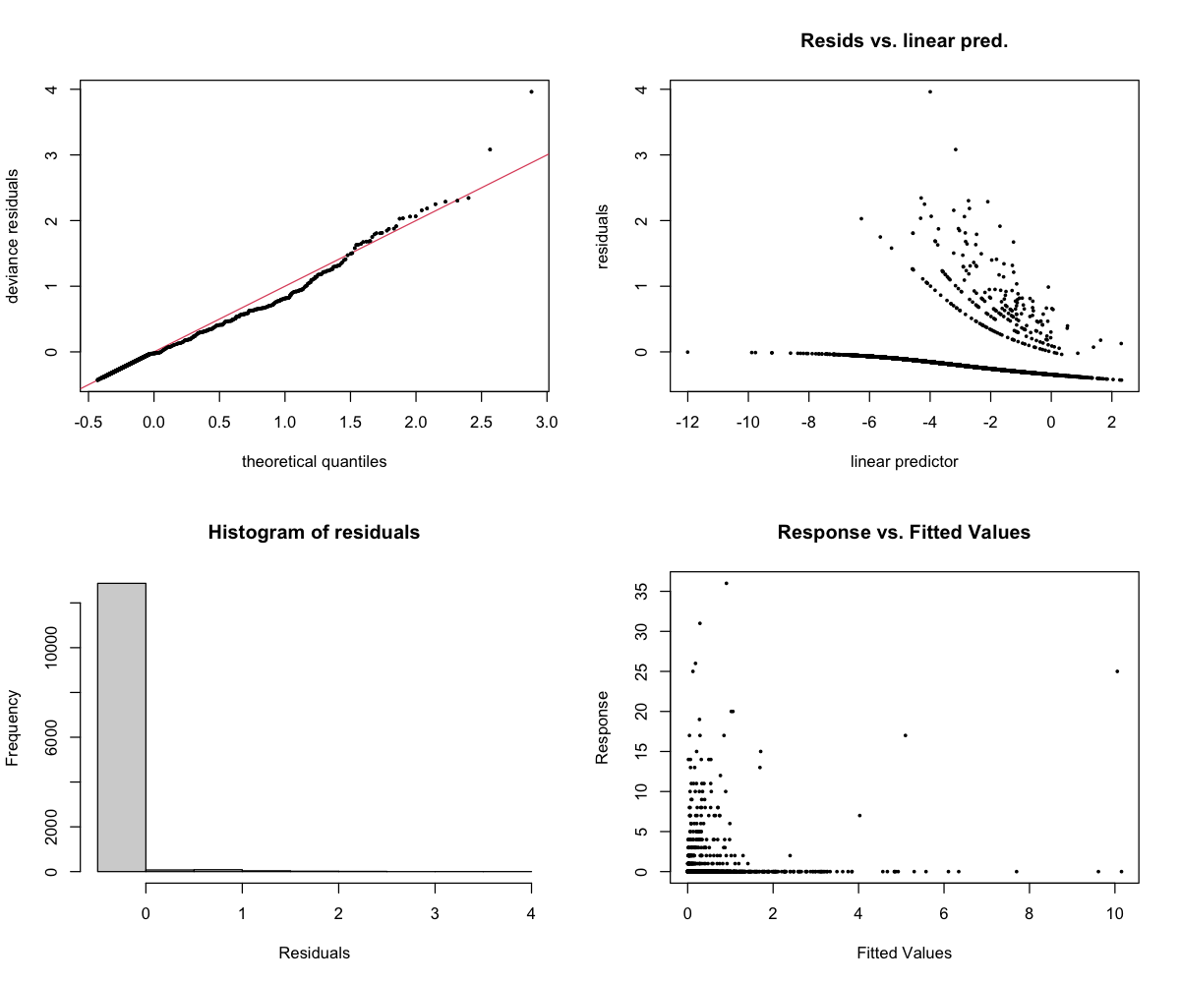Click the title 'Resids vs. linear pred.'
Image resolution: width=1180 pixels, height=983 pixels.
coord(904,41)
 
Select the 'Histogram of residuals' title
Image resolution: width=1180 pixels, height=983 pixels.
coord(314,533)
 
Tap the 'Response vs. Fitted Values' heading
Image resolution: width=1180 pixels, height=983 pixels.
coord(904,533)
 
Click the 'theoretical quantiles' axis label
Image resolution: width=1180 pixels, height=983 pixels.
coord(314,461)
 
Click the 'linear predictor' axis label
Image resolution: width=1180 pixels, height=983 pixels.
coord(904,461)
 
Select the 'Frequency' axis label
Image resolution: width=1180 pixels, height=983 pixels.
coord(14,727)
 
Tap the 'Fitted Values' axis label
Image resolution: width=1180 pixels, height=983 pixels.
coord(904,953)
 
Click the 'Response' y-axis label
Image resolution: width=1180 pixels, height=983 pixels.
coord(604,727)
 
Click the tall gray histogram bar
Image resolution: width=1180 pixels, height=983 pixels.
coord(121,727)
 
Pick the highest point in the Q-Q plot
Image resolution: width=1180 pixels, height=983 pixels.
coord(531,91)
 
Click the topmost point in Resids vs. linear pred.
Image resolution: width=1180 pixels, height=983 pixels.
coord(929,91)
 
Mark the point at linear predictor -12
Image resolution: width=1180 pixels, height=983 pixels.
coord(687,352)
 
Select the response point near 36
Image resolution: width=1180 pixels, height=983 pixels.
coord(726,583)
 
